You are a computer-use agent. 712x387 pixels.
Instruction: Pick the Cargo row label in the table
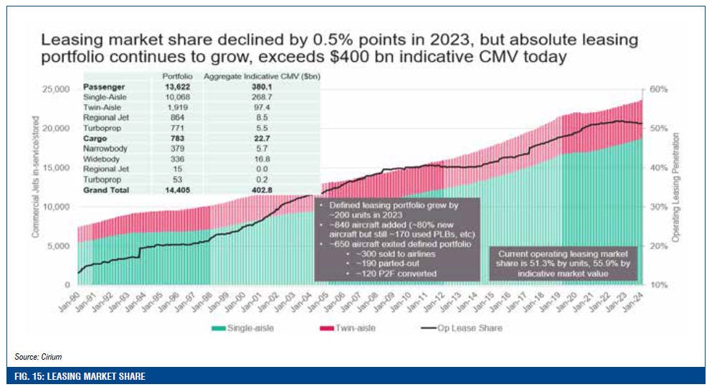96,138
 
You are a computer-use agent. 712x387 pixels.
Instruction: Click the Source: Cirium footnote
34,356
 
